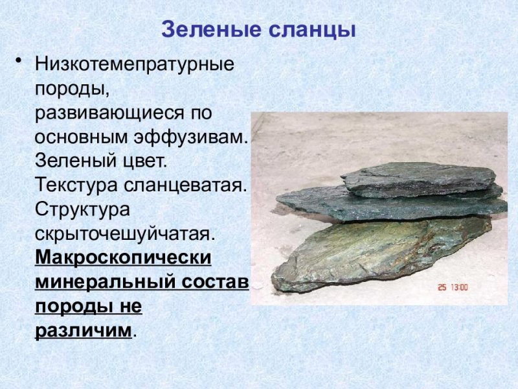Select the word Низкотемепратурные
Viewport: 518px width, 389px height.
134,65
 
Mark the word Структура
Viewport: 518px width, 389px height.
82,209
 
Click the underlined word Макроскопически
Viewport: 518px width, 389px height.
123,257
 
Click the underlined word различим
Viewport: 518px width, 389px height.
83,329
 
